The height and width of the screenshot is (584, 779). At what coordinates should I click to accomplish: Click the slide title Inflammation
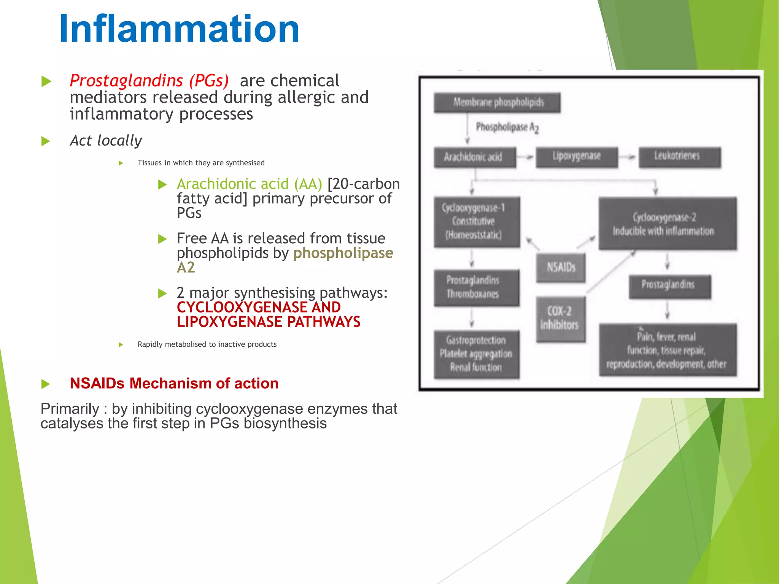179,29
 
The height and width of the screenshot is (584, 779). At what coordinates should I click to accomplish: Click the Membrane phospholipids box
497,102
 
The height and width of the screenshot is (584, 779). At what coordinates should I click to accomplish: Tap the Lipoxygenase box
577,157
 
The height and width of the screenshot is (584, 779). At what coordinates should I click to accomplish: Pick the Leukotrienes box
680,157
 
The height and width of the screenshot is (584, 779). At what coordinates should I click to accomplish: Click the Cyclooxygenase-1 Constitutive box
477,222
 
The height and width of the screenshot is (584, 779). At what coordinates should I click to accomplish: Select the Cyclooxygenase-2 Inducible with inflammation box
667,224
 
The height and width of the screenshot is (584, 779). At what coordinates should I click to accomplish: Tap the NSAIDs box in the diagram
561,268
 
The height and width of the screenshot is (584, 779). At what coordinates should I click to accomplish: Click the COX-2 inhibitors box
561,319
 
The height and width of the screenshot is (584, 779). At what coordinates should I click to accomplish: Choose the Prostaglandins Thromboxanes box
477,288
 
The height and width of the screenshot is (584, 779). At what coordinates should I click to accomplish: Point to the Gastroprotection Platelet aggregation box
477,354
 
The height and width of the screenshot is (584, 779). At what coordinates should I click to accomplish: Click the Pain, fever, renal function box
667,350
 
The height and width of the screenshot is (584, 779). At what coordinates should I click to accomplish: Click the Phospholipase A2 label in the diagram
507,127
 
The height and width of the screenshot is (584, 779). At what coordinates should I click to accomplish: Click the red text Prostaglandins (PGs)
149,81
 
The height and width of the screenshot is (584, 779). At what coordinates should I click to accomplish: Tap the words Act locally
106,141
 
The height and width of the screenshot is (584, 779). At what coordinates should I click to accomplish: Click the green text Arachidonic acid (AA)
249,184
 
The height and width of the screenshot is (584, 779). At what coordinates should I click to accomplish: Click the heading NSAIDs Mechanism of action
174,383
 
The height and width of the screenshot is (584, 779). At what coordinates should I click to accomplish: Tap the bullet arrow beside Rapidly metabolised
121,344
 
